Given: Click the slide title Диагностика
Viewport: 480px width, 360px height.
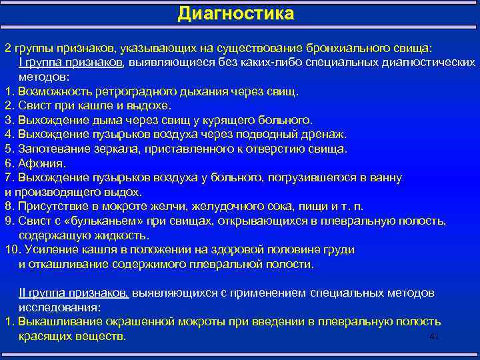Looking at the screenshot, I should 235,14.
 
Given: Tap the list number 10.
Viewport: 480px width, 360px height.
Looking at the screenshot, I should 11,250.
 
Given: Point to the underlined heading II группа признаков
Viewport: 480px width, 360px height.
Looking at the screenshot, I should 73,293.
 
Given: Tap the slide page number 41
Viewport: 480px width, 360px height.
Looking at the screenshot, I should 435,337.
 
